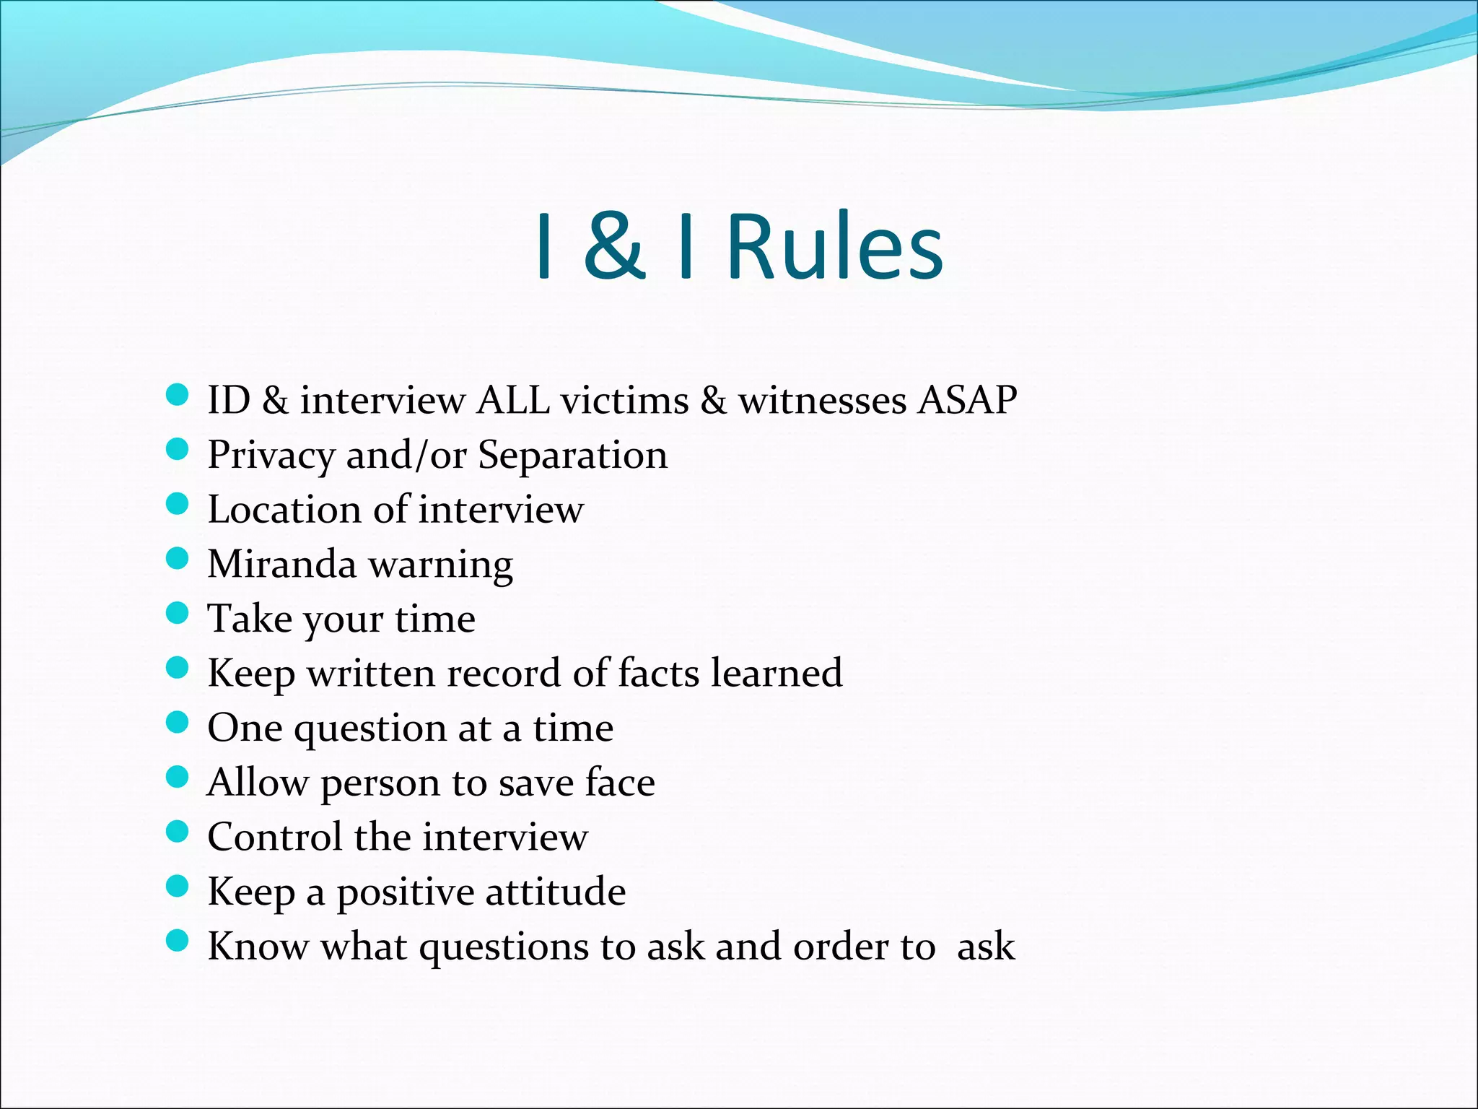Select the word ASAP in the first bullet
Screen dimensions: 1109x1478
coord(967,400)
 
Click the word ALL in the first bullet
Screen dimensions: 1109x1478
coord(513,400)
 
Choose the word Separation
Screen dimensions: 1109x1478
coord(573,456)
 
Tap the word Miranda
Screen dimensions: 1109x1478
coord(281,564)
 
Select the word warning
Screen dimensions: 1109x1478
coord(441,565)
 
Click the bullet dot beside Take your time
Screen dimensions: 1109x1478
coord(177,614)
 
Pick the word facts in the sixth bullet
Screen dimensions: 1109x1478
coord(658,673)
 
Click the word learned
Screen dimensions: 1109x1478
coord(777,673)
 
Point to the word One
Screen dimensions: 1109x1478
coord(245,728)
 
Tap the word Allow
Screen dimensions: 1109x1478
coord(258,783)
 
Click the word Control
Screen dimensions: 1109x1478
coord(275,837)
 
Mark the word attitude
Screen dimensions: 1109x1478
coord(555,892)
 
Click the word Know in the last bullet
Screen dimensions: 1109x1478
coord(258,947)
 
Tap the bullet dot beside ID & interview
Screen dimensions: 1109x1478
coord(177,395)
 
